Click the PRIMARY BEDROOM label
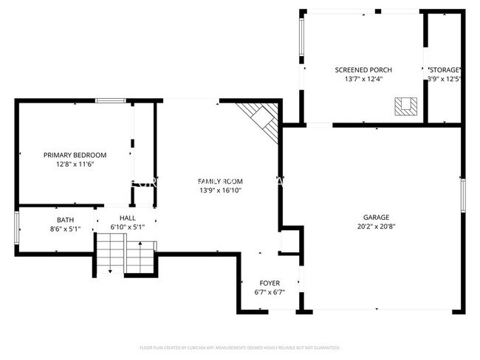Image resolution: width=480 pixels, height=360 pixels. point(75,155)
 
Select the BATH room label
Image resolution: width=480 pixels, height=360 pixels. point(65,220)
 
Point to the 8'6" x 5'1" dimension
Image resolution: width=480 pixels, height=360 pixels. point(65,229)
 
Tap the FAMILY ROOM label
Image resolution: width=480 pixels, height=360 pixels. point(219,181)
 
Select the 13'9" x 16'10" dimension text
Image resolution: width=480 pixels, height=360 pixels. point(219,190)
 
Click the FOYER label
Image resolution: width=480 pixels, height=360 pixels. point(270,283)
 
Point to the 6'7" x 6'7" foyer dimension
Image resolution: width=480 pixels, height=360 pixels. point(270,292)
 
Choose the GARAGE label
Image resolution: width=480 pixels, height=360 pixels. point(376,218)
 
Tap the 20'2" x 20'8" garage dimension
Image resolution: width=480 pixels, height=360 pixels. point(376,226)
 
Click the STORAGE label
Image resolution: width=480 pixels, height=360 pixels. point(444,69)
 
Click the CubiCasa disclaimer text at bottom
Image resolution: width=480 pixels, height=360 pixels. point(239,346)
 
